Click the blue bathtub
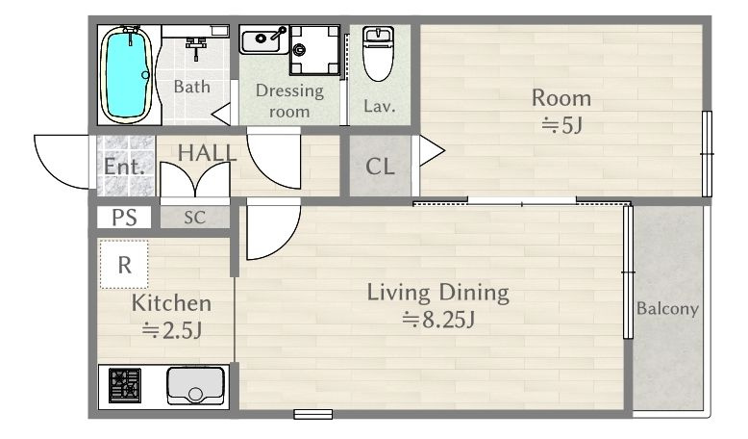[x=127, y=74]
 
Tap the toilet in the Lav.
[x=378, y=54]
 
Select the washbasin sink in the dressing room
[x=263, y=39]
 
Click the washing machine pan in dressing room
[x=314, y=50]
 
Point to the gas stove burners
[x=125, y=385]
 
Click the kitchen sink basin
[x=195, y=385]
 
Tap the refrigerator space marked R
[x=124, y=264]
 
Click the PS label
[x=124, y=218]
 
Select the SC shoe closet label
[x=194, y=218]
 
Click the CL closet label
[x=380, y=167]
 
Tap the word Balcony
[x=667, y=309]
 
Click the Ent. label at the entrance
[x=124, y=167]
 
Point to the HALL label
[x=207, y=153]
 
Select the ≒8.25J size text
[x=438, y=319]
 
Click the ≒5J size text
[x=561, y=125]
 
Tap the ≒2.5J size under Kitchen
[x=172, y=330]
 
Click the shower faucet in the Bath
[x=195, y=48]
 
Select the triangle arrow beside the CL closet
[x=432, y=151]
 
